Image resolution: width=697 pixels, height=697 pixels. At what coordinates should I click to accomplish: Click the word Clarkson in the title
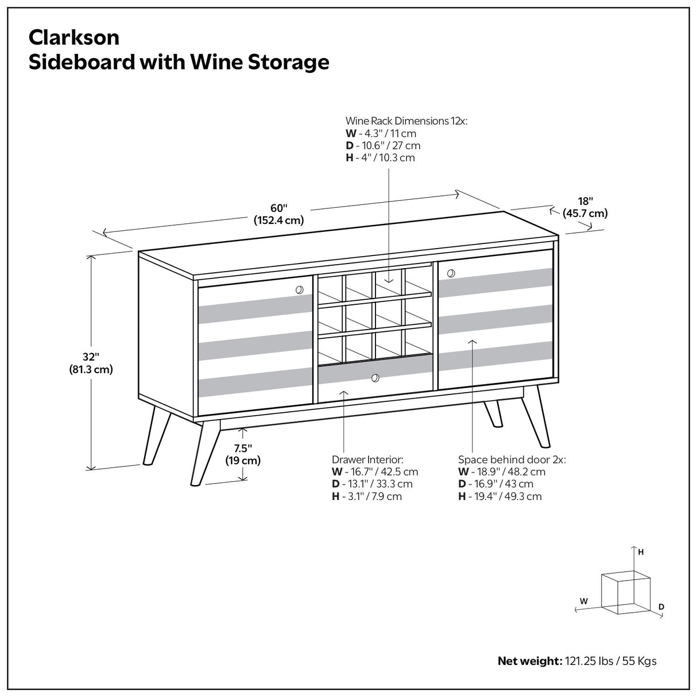74,38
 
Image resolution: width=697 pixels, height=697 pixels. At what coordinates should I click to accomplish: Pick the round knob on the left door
299,290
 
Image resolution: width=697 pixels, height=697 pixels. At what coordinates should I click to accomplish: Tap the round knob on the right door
450,272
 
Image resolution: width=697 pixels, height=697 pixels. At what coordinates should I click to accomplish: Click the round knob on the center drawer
375,378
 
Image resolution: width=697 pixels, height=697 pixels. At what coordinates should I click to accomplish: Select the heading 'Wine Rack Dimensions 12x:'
406,121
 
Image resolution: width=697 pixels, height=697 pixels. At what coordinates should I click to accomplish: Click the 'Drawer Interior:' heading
367,460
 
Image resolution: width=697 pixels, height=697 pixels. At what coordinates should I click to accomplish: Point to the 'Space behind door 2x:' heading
512,460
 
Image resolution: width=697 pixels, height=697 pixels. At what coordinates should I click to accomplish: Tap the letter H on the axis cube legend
641,552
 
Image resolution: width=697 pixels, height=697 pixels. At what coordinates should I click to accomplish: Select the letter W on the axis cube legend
583,601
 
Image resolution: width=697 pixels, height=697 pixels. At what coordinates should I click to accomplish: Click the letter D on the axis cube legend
661,606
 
